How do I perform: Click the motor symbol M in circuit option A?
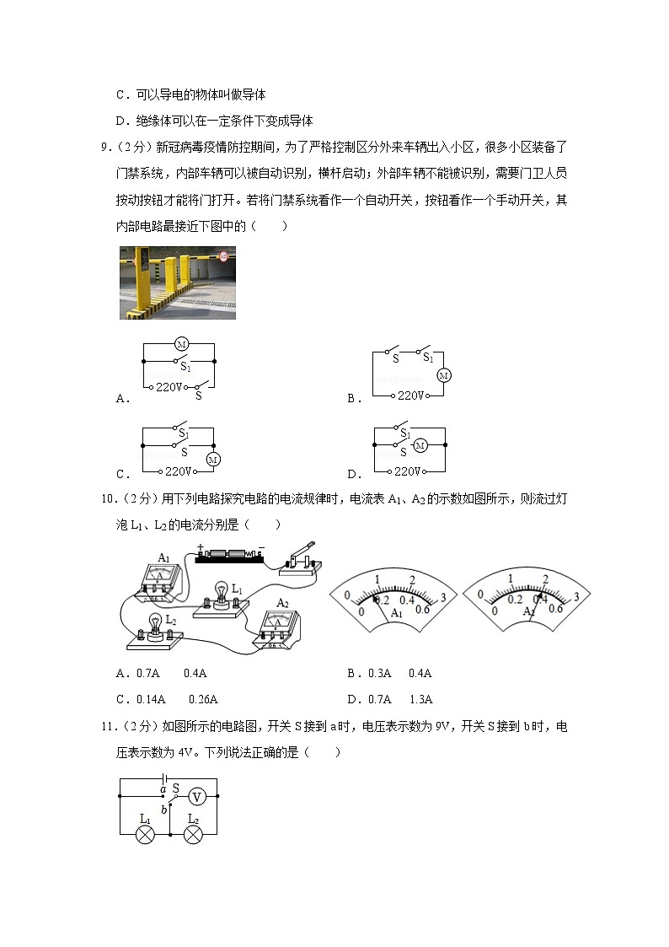click(x=180, y=343)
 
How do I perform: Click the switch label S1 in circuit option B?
click(x=428, y=358)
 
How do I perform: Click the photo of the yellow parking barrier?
click(x=177, y=282)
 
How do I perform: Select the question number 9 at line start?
click(x=104, y=148)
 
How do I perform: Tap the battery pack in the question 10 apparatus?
click(x=229, y=556)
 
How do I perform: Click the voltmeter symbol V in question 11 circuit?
click(x=196, y=796)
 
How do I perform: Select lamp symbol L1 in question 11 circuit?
click(x=146, y=834)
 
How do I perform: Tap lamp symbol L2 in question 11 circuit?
click(x=193, y=834)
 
